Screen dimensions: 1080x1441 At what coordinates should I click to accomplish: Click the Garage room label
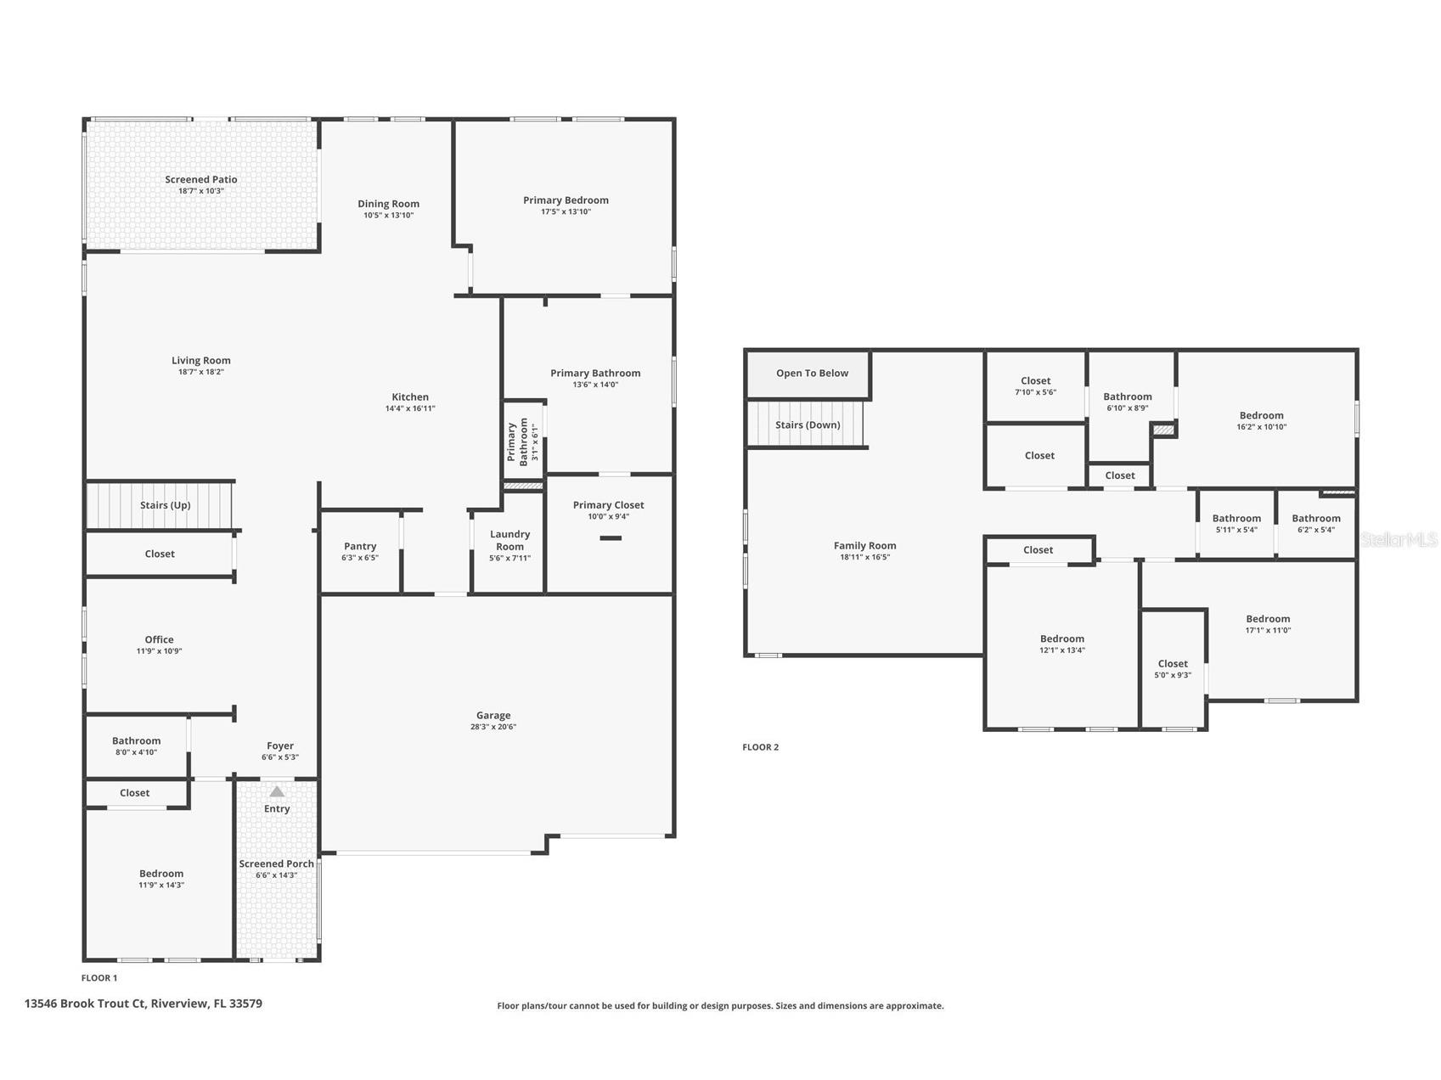point(493,715)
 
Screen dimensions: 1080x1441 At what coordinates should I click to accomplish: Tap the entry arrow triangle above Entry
point(277,791)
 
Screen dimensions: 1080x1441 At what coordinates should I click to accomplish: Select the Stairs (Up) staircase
point(160,505)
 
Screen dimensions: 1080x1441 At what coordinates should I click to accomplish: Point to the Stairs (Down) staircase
point(806,425)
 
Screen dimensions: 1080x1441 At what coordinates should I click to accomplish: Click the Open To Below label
point(812,374)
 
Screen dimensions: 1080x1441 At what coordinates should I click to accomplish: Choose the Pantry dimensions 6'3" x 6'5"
point(360,558)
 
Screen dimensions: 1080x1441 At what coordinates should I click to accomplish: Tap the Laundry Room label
point(509,540)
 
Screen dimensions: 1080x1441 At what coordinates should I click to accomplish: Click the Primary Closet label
point(608,505)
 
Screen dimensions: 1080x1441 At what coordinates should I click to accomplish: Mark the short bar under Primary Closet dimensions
point(611,538)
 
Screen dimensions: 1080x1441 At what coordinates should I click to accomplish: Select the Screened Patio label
point(201,179)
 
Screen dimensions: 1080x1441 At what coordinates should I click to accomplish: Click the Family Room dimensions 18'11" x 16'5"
point(864,558)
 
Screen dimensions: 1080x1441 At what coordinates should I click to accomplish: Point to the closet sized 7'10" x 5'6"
point(1035,386)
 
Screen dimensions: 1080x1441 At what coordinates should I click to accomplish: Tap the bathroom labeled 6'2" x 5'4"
point(1315,523)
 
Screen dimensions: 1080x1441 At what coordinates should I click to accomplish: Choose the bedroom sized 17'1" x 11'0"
point(1268,624)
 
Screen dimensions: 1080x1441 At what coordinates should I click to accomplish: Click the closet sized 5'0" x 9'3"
point(1173,669)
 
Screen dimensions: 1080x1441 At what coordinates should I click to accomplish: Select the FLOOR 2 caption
point(760,747)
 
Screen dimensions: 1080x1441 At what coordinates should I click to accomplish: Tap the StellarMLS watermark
point(1399,539)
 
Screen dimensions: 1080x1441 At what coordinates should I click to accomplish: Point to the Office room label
point(159,639)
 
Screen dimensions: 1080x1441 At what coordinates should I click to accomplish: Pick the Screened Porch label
point(277,863)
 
